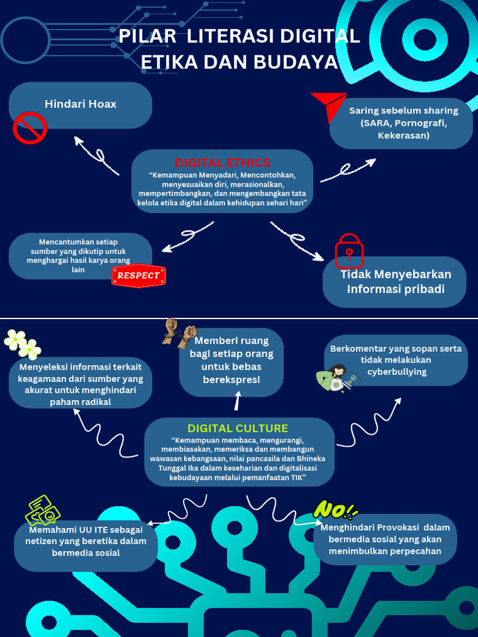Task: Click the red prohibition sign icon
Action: tap(30, 128)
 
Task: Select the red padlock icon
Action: tap(349, 251)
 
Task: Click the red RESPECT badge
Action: tap(138, 276)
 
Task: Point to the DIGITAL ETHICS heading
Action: tap(222, 162)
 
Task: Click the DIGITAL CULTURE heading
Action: tap(238, 428)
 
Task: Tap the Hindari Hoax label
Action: tap(80, 104)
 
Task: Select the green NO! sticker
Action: tap(335, 509)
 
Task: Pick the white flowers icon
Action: tap(22, 345)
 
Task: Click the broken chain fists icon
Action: tap(179, 333)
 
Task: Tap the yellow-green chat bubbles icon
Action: tap(43, 510)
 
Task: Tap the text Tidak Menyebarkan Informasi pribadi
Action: tap(395, 282)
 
